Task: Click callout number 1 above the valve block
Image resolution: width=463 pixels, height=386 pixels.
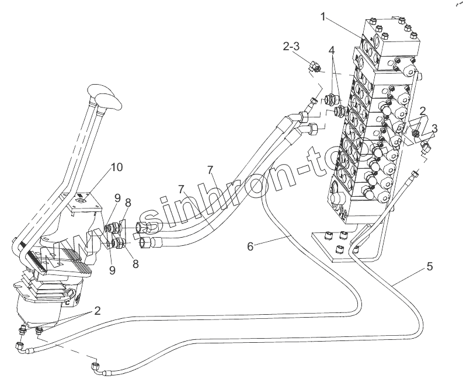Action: point(322,18)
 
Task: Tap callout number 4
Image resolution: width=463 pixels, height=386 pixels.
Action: point(332,51)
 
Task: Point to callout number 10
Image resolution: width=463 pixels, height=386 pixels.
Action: point(117,168)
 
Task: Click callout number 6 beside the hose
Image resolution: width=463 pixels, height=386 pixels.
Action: point(250,246)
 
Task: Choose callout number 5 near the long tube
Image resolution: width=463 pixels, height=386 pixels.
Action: point(429,267)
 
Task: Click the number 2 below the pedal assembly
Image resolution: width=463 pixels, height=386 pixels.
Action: point(98,311)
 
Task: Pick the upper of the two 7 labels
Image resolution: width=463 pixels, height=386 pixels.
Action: point(211,169)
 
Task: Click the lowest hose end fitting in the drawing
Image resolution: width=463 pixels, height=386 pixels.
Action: point(96,368)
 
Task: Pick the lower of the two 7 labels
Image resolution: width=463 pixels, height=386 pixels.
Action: point(183,190)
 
